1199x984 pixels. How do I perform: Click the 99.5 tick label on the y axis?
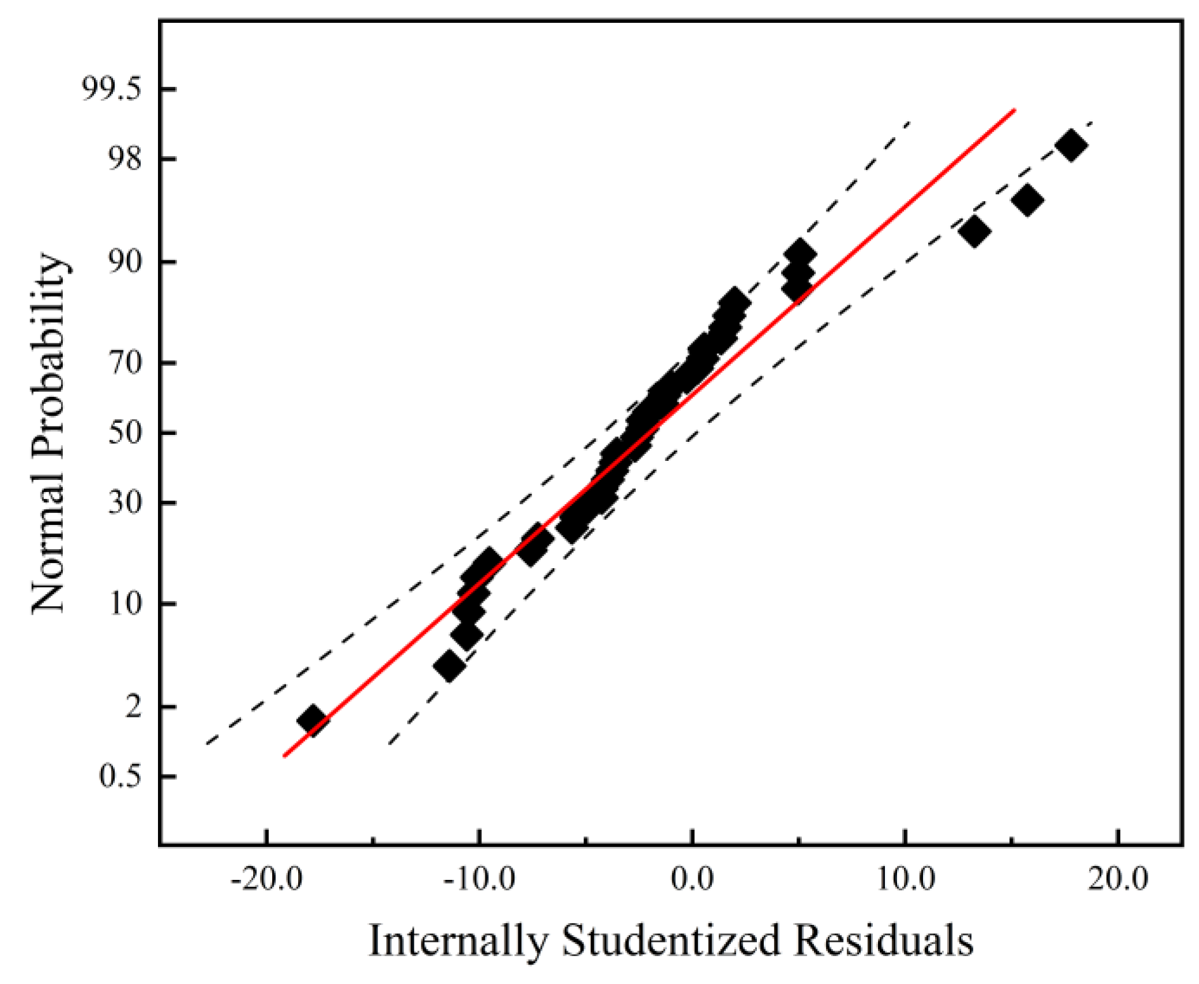tap(111, 90)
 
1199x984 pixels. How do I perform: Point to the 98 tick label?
tap(124, 159)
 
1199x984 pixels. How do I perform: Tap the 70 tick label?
tap(124, 363)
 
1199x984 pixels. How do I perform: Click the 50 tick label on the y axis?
tap(124, 434)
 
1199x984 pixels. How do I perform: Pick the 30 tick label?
tap(124, 503)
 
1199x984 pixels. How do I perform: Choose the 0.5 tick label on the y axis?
tap(119, 776)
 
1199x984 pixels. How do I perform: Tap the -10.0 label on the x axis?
tap(479, 881)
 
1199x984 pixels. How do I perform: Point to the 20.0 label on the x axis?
tap(1118, 881)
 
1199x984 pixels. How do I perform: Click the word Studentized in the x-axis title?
tap(671, 940)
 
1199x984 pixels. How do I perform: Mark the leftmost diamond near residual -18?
tap(311, 720)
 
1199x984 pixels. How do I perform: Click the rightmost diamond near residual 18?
tap(1071, 145)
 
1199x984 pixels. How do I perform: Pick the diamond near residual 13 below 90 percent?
tap(974, 231)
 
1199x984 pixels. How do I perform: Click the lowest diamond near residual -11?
tap(449, 666)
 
